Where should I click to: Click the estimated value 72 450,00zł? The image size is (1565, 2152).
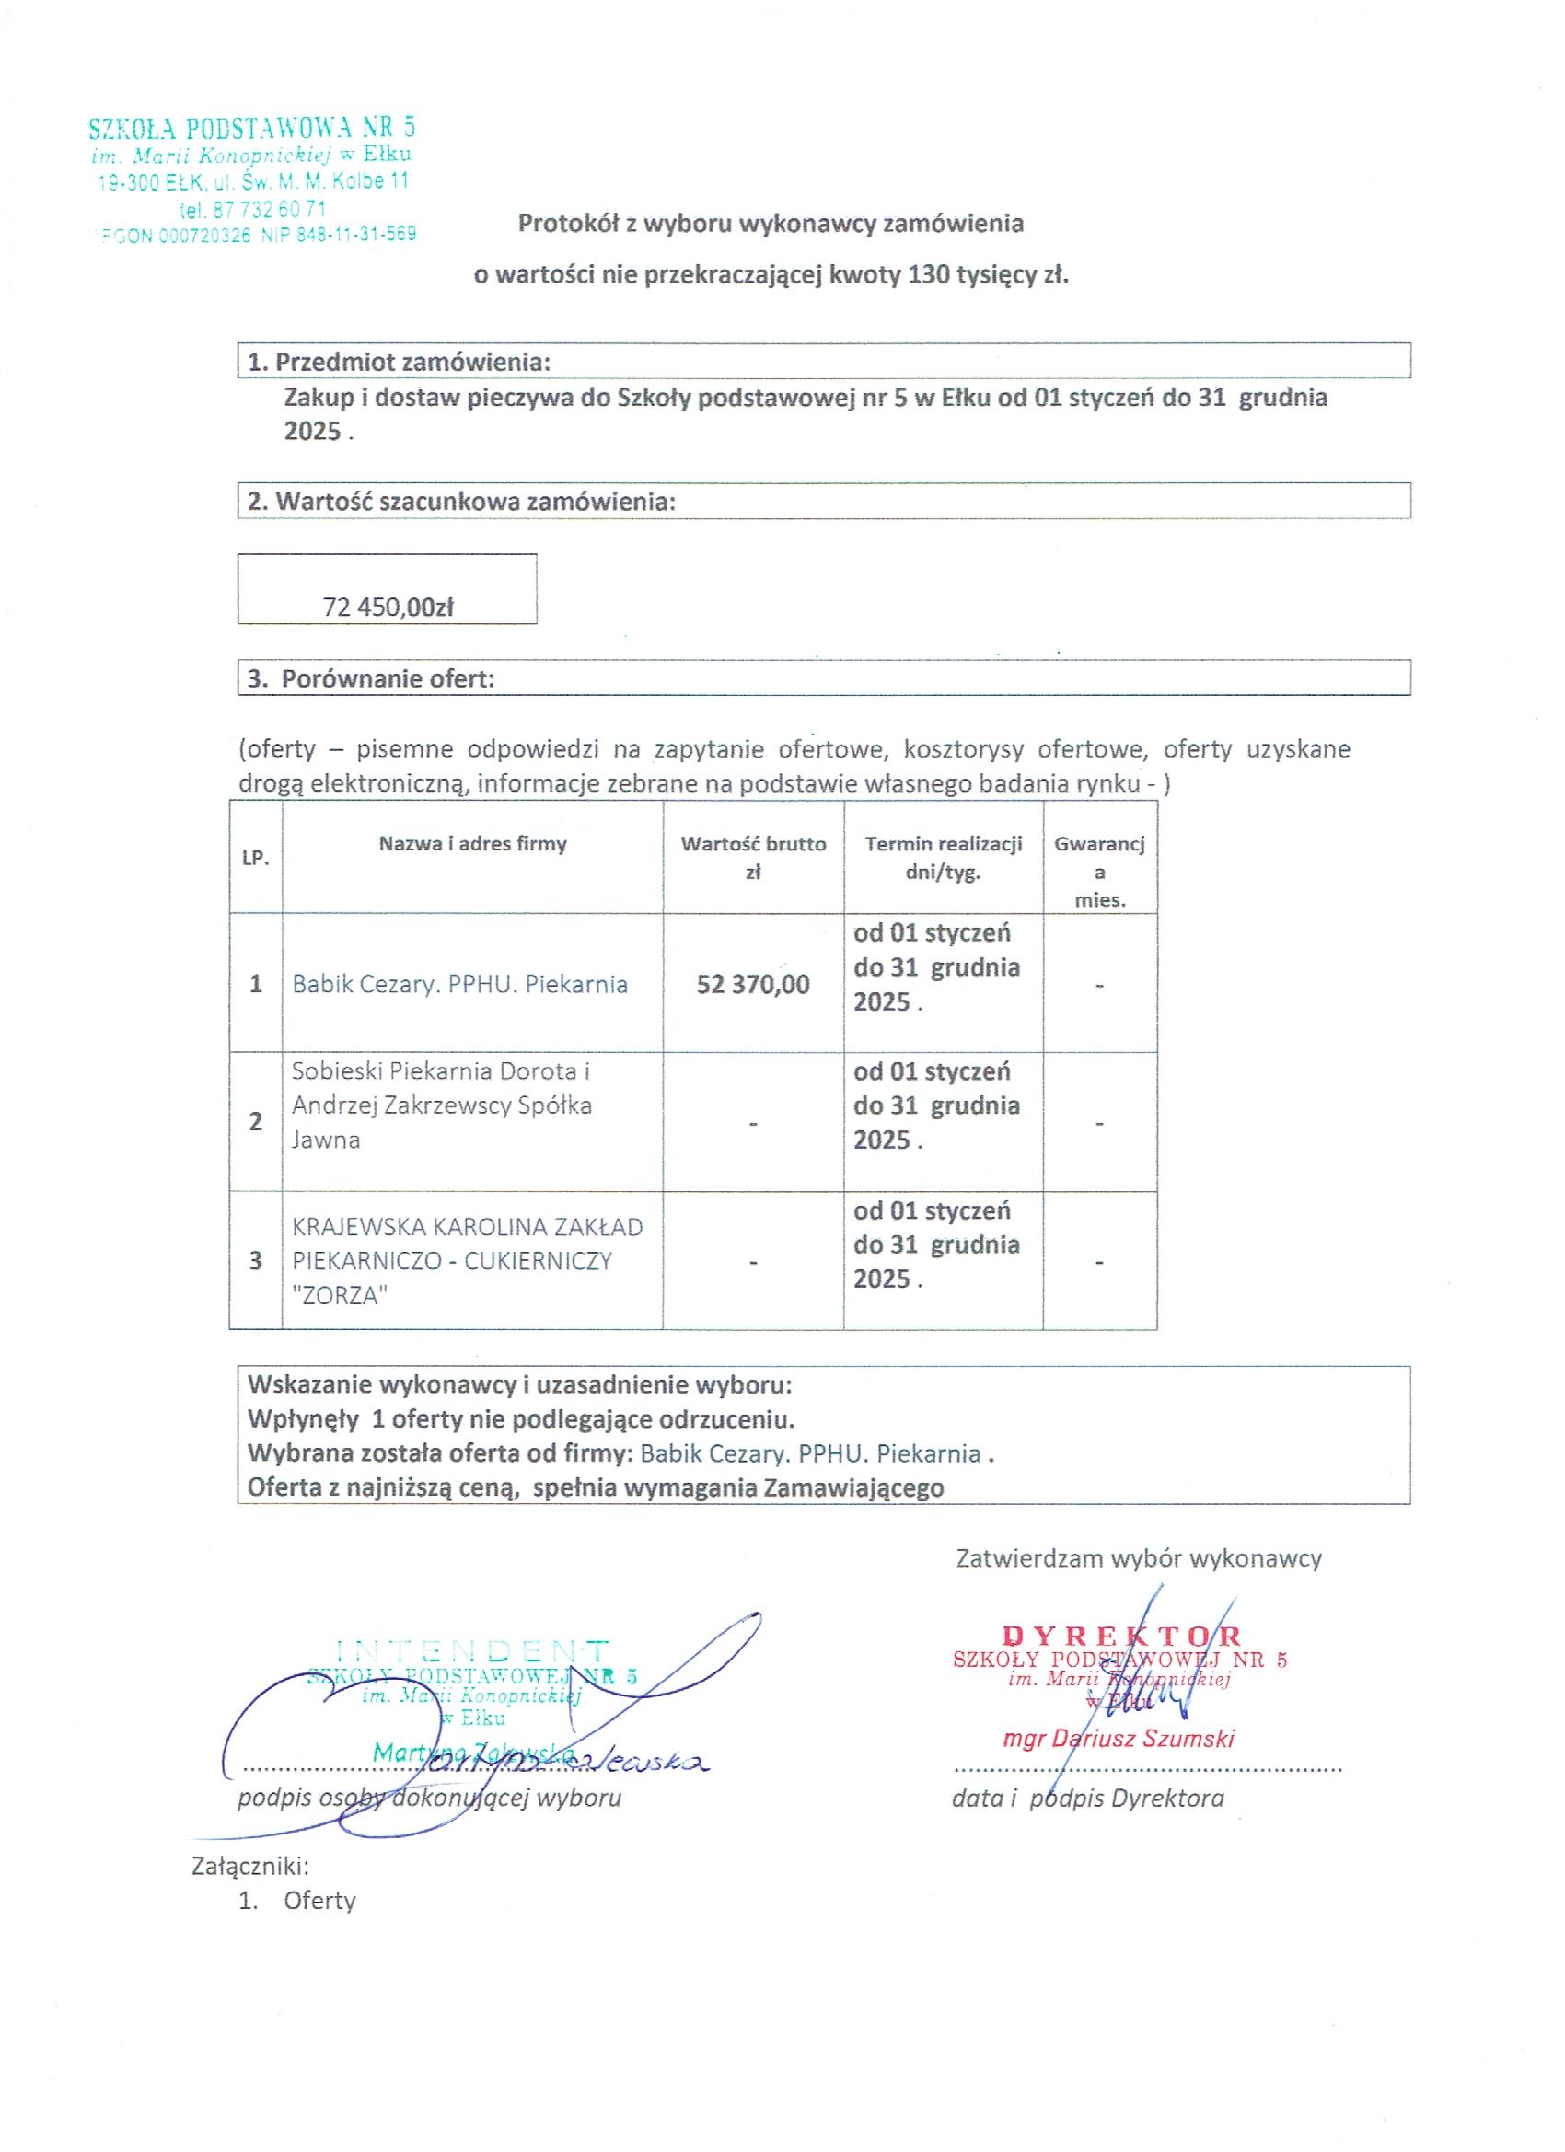pyautogui.click(x=388, y=607)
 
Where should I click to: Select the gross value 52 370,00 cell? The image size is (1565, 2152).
pyautogui.click(x=753, y=984)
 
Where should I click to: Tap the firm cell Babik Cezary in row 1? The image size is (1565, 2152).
pyautogui.click(x=459, y=984)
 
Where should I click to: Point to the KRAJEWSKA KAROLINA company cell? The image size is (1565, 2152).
pyautogui.click(x=467, y=1261)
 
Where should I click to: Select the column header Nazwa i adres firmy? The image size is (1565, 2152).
pyautogui.click(x=472, y=843)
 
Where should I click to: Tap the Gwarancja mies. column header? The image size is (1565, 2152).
pyautogui.click(x=1099, y=871)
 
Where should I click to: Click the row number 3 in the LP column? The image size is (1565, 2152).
pyautogui.click(x=255, y=1261)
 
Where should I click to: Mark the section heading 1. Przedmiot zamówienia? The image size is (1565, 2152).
pyautogui.click(x=399, y=362)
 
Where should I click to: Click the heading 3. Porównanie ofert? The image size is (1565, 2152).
pyautogui.click(x=371, y=678)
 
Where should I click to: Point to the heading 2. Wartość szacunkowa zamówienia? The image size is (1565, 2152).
pyautogui.click(x=461, y=501)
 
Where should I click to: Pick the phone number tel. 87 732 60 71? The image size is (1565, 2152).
pyautogui.click(x=252, y=208)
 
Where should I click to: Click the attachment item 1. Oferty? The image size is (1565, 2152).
pyautogui.click(x=297, y=1901)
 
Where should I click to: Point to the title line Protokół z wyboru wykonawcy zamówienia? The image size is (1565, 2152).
pyautogui.click(x=771, y=223)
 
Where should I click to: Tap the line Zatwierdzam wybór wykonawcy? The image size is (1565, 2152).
pyautogui.click(x=1139, y=1558)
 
